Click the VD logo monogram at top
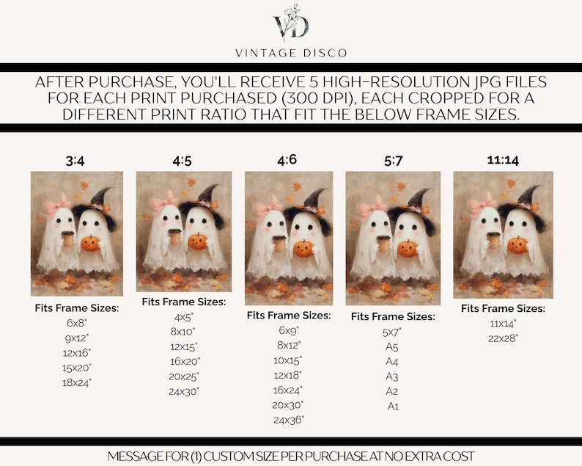coord(291,23)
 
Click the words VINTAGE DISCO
coord(291,53)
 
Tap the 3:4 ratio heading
coord(75,161)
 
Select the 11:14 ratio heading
coord(503,161)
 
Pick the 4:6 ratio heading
coord(287,160)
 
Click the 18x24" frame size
coord(77,383)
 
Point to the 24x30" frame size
coord(184,392)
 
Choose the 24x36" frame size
coord(289,421)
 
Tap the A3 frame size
coord(392,376)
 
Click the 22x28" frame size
coord(503,338)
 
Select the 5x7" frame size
coord(392,332)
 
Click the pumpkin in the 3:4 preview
coord(91,244)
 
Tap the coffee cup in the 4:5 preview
coord(174,237)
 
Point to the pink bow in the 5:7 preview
coord(375,206)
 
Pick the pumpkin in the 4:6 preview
coord(303,249)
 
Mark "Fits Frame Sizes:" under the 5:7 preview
coord(393,316)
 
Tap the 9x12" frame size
coord(77,338)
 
